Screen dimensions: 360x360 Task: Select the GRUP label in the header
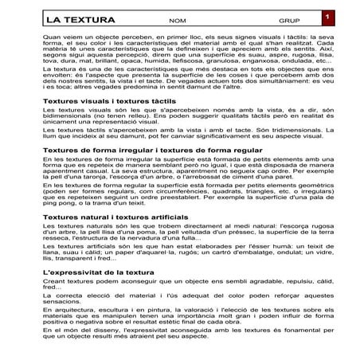coord(288,20)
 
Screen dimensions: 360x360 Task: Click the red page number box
coord(326,15)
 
